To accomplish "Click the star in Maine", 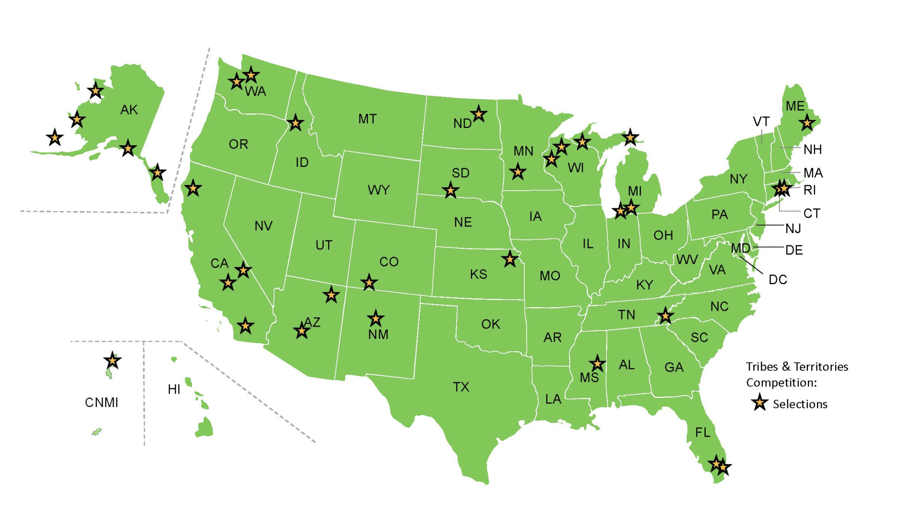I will [806, 123].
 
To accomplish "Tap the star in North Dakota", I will [479, 114].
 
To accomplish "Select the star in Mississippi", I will [597, 364].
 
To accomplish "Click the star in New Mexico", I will [376, 318].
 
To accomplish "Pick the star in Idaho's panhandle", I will [295, 123].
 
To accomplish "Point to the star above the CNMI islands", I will [112, 361].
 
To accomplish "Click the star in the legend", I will [759, 403].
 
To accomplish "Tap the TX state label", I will [461, 387].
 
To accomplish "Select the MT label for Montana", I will [367, 119].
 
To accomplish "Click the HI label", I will [174, 389].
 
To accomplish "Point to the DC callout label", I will [778, 280].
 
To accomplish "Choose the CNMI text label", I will [102, 403].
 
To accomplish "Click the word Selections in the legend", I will [800, 404].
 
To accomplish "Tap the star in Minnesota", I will [518, 172].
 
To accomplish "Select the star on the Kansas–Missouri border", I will [510, 259].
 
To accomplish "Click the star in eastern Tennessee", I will [665, 315].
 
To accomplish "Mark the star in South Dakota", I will [450, 191].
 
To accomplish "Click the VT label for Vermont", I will [761, 122].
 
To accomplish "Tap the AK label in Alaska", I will [129, 110].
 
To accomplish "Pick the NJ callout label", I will [793, 229].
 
